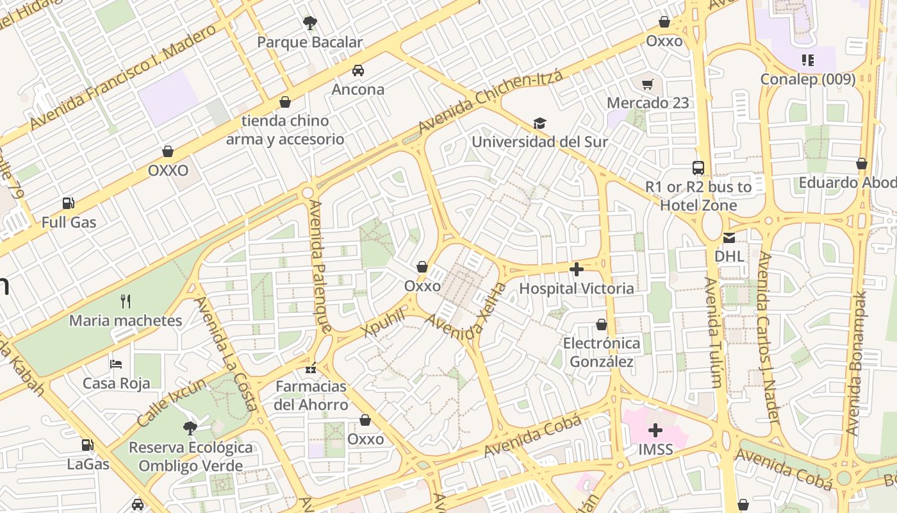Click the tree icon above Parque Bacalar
tap(310, 24)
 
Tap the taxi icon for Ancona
tap(358, 71)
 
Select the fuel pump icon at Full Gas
tap(68, 203)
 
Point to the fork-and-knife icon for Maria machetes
tap(126, 301)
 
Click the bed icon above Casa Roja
tap(116, 364)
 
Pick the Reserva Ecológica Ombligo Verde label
tap(191, 457)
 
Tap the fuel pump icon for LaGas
tap(88, 444)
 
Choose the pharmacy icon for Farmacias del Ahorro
tap(311, 368)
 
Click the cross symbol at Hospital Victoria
tap(576, 269)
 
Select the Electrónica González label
tap(602, 352)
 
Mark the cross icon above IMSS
tap(655, 430)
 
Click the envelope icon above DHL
tap(729, 238)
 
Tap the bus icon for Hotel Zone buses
tap(698, 168)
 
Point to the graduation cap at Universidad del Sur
tap(539, 123)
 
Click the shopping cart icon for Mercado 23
tap(648, 84)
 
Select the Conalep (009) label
tap(807, 79)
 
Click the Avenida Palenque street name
tap(320, 266)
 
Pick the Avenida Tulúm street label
tap(714, 332)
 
